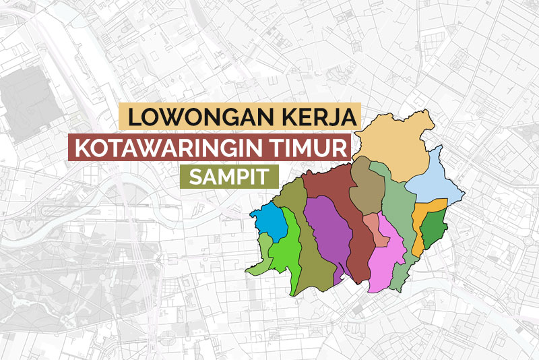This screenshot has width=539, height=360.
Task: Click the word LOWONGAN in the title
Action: point(195,117)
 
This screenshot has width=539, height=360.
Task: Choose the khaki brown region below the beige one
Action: point(367,189)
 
